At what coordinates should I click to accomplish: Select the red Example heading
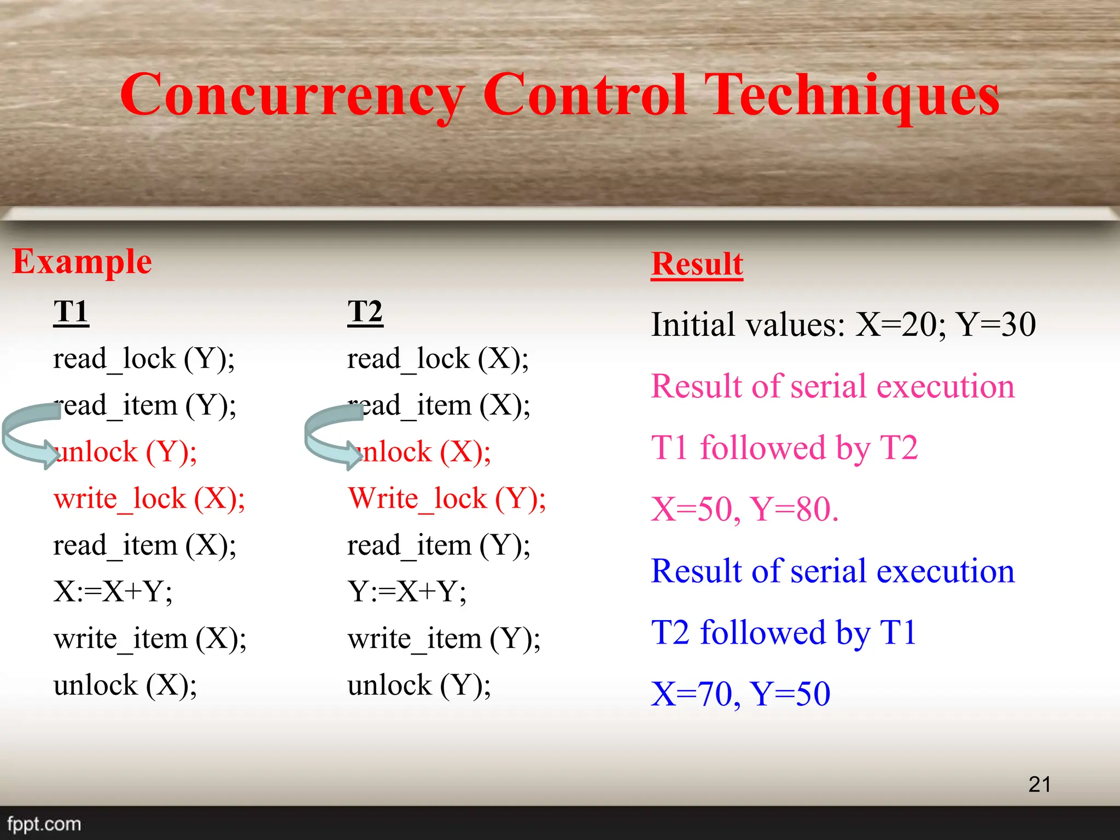click(82, 261)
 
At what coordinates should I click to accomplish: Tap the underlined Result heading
click(697, 264)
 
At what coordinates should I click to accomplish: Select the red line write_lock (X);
click(149, 499)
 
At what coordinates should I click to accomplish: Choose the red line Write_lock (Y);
click(447, 499)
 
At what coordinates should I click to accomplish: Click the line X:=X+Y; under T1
click(113, 592)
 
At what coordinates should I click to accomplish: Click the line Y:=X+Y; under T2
click(407, 592)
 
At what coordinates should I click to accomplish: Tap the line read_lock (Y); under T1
click(144, 359)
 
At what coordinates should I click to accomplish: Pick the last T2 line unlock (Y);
click(419, 685)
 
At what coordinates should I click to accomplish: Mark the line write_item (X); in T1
click(150, 639)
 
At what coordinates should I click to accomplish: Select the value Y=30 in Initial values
click(995, 324)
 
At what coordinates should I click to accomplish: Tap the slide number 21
click(1039, 784)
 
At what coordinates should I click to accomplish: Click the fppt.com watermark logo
click(44, 824)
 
